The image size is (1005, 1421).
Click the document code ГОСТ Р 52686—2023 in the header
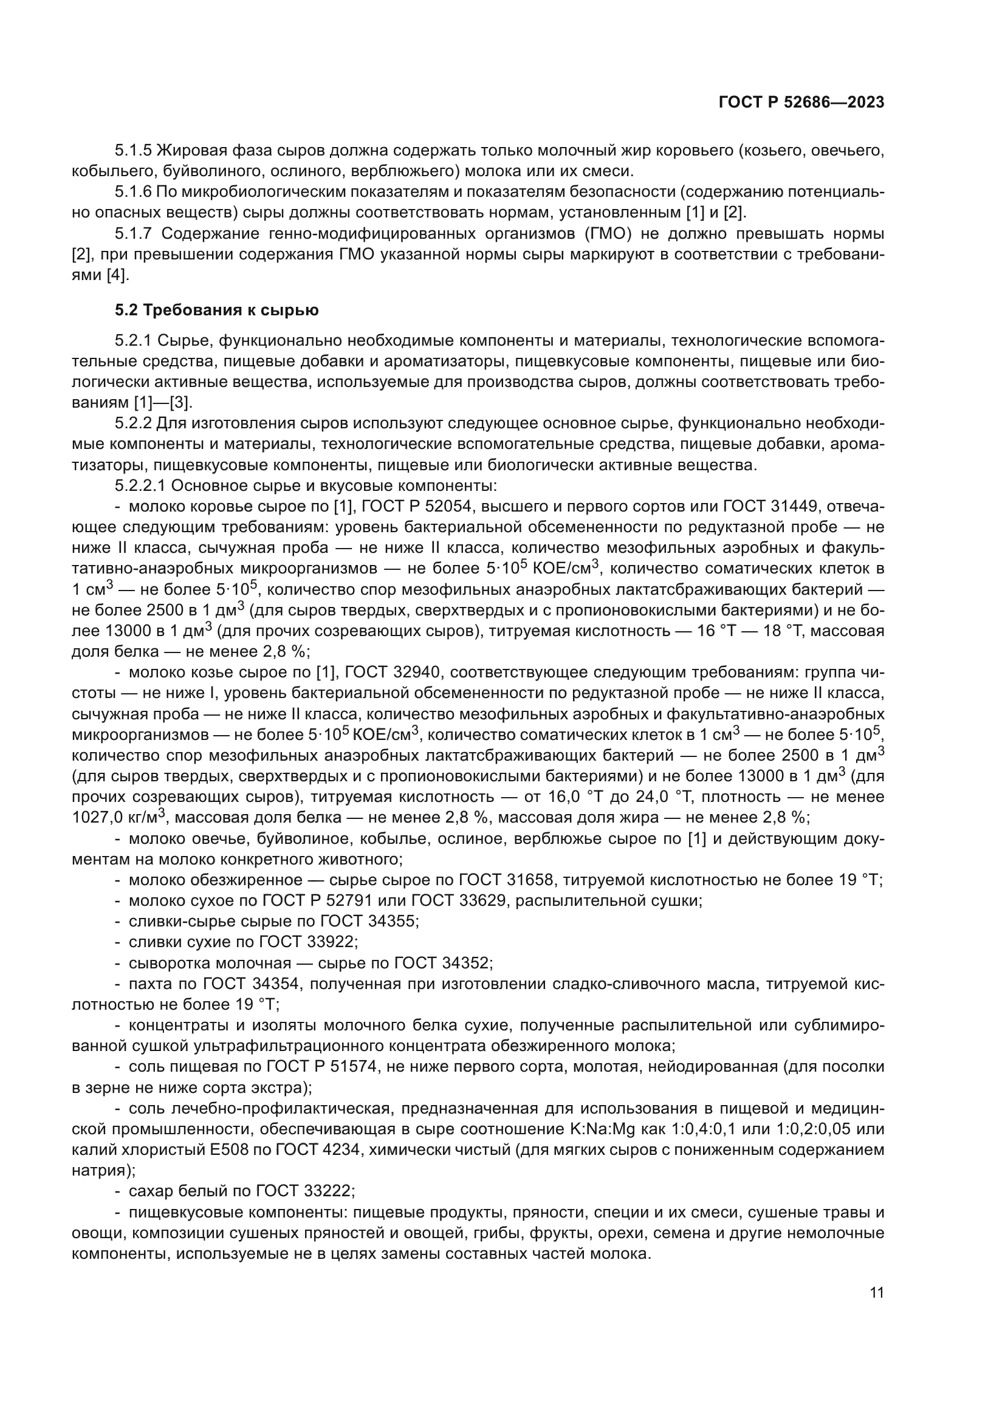801,103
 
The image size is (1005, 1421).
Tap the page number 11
876,1293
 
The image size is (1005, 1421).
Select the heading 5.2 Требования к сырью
216,310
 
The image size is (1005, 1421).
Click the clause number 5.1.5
133,151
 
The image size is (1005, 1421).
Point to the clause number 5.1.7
133,234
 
